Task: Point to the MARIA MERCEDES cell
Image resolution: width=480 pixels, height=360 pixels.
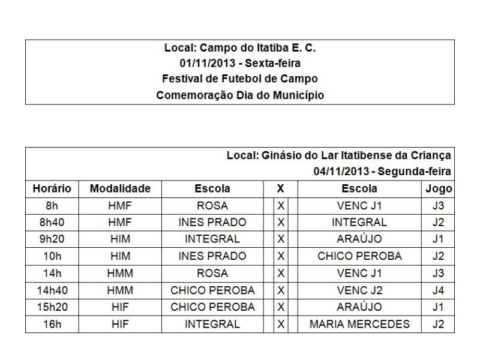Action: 360,325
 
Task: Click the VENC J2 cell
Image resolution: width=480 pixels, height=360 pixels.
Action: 360,290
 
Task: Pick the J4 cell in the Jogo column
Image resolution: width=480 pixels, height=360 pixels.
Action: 438,290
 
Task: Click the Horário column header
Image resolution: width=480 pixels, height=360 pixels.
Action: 52,188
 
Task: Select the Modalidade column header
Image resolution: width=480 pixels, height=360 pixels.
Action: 120,188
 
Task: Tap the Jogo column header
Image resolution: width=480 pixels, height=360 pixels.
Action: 438,188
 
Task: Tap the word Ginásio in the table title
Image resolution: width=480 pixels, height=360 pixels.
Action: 282,155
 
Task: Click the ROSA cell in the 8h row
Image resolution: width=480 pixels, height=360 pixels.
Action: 212,206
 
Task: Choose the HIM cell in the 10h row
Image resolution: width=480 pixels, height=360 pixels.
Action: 120,256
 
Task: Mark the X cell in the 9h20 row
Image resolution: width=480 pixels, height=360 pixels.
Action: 280,239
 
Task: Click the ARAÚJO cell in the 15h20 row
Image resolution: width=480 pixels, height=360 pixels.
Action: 360,307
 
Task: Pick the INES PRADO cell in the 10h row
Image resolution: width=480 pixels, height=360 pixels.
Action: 212,256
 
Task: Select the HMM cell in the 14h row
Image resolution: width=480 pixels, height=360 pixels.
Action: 120,274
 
